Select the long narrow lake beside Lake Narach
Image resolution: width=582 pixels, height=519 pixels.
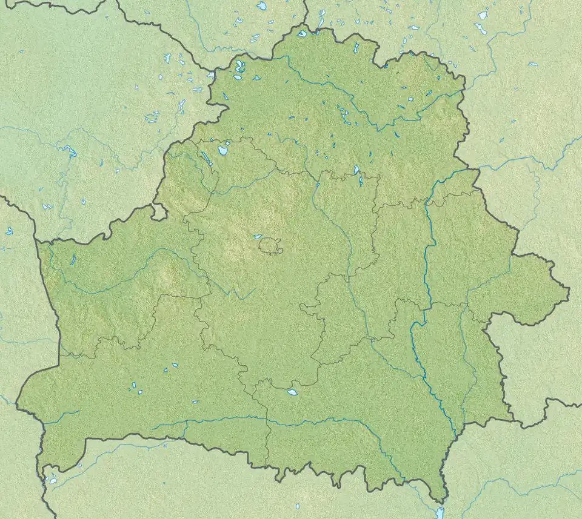[207, 159]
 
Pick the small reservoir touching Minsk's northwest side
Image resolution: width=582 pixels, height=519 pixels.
[258, 237]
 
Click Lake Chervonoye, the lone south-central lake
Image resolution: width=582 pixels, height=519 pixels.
[293, 392]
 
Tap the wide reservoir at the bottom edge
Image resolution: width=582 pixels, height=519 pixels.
[441, 512]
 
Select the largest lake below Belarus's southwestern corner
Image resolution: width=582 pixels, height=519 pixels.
[53, 480]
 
